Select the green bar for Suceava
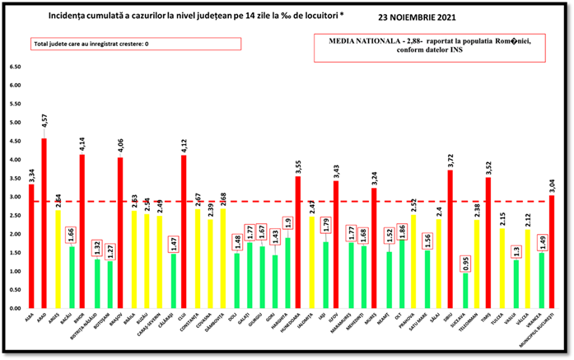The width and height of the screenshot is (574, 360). tap(464, 291)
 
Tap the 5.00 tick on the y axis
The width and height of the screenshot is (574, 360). tap(16, 123)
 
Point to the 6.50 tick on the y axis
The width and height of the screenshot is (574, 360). tap(16, 67)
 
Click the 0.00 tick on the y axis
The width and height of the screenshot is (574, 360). tap(16, 309)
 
